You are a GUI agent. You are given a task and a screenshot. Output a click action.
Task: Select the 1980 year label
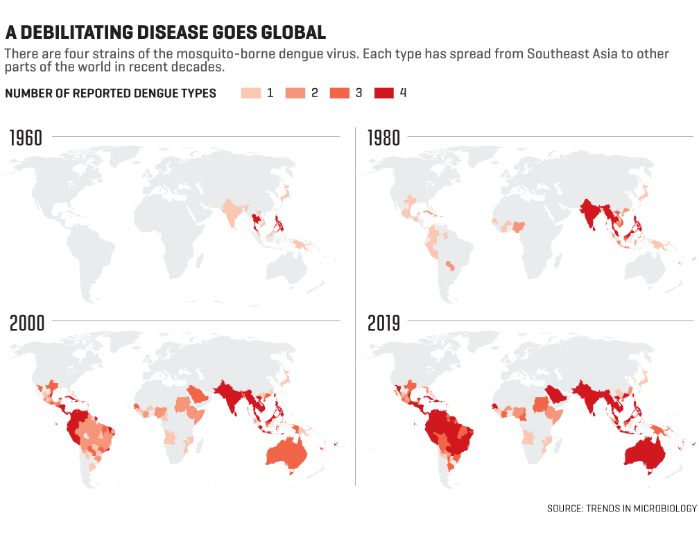[383, 138]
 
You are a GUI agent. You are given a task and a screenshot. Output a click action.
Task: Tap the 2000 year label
[26, 323]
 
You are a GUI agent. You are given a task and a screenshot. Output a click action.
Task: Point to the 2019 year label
[383, 323]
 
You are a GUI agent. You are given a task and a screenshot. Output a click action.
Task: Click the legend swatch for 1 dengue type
[250, 93]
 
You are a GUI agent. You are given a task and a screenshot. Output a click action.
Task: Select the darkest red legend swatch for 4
[383, 93]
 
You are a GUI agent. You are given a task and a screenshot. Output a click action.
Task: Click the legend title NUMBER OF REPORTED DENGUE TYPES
[111, 93]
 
